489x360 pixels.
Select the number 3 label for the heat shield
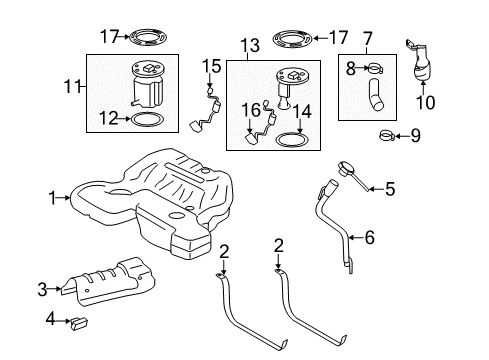click(43, 290)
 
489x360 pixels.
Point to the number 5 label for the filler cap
click(391, 186)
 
